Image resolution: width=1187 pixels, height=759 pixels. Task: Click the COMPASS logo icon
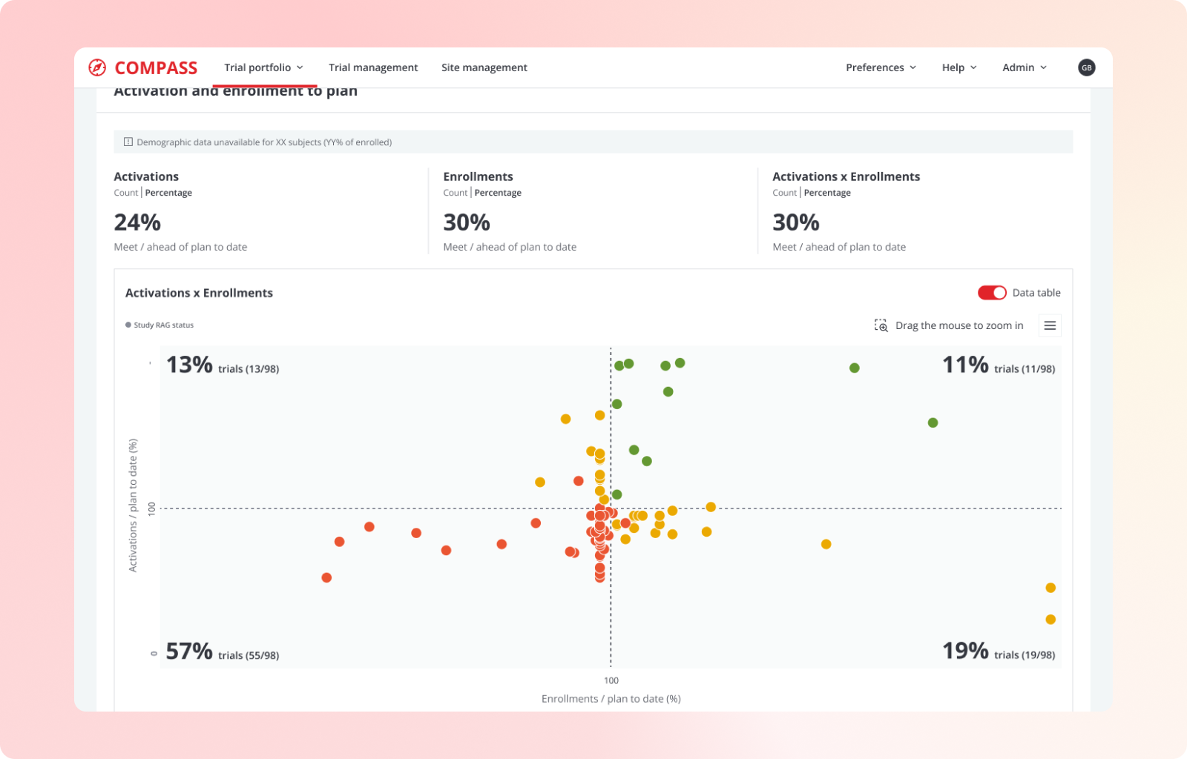[97, 67]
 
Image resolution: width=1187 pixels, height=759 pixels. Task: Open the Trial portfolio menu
[263, 67]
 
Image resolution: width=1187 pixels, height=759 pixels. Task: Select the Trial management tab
[373, 67]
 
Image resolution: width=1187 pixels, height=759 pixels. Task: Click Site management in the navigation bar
[484, 67]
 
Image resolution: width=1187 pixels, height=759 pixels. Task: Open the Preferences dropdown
[881, 67]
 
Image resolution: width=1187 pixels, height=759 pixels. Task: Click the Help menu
[959, 67]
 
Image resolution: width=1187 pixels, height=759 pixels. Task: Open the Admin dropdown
[1024, 67]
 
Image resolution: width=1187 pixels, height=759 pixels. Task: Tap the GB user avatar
[1086, 67]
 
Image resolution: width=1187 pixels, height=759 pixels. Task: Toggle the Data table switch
[992, 293]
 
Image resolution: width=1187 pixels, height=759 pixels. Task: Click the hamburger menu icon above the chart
[1050, 325]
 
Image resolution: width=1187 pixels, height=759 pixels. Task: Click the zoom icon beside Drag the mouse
[881, 325]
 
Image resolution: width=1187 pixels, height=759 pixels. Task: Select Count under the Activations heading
[125, 193]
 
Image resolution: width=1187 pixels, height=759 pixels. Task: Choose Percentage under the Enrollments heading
[498, 193]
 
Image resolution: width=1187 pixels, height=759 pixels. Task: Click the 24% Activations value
[137, 222]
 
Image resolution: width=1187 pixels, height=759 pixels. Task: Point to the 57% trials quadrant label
[222, 652]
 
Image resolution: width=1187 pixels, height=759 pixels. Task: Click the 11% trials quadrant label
[998, 365]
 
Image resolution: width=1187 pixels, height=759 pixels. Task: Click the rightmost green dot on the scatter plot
[933, 422]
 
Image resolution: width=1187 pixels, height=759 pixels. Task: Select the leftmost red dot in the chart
[326, 577]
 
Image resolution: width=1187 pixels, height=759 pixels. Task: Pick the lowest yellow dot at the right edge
[1050, 620]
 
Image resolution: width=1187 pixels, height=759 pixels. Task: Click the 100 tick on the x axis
[611, 680]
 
